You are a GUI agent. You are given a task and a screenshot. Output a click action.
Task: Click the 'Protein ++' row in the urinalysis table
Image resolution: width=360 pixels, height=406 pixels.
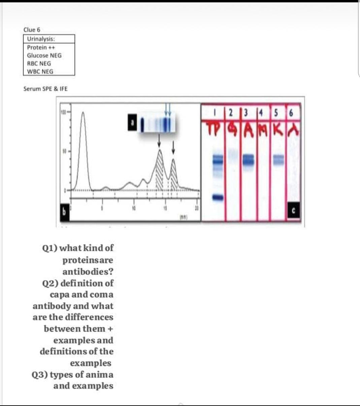[41, 47]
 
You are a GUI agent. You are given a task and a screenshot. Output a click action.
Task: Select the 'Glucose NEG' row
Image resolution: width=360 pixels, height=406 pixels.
[44, 56]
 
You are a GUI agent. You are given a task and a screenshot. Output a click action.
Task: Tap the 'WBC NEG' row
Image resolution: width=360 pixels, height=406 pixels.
[40, 71]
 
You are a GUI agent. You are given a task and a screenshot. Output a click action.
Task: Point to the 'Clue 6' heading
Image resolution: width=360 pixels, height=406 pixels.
[32, 30]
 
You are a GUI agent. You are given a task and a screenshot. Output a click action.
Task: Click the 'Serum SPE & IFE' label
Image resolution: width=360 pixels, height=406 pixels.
[45, 89]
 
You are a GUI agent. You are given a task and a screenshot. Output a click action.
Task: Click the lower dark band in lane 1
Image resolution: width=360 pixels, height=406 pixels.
[218, 197]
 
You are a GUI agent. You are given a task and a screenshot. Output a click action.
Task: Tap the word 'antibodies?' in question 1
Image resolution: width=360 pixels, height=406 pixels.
[88, 271]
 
